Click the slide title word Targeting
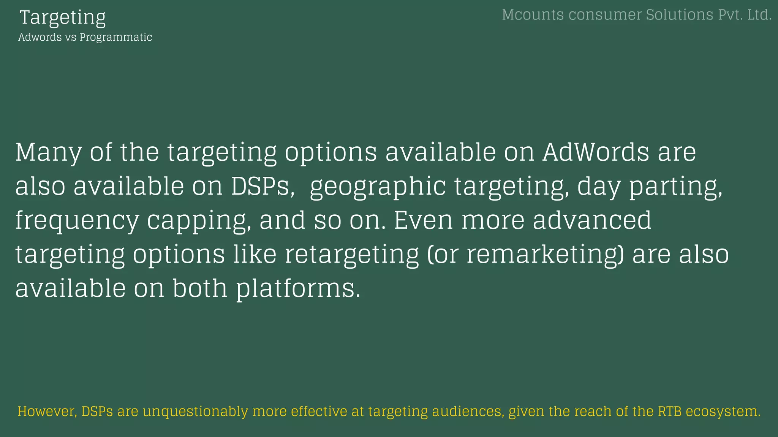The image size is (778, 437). click(63, 17)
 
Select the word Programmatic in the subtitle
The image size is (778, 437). click(115, 37)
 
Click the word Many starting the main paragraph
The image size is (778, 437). click(48, 152)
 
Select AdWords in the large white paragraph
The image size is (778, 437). click(596, 152)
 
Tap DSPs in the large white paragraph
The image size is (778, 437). click(262, 186)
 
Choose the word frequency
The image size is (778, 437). click(77, 221)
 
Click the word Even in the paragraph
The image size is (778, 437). click(423, 220)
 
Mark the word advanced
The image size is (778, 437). click(592, 220)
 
